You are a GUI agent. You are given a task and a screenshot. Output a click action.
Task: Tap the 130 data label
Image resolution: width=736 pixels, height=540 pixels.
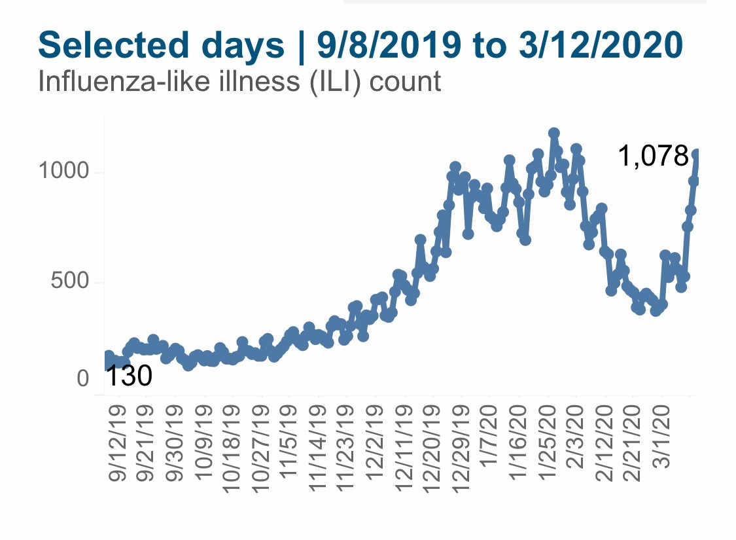pos(128,376)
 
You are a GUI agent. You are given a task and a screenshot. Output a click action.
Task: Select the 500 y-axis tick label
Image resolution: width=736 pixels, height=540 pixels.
pos(69,283)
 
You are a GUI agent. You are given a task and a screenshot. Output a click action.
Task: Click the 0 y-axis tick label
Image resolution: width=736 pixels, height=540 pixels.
pos(83,379)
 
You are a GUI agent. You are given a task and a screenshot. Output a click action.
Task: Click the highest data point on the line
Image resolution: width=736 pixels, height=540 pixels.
pos(554,133)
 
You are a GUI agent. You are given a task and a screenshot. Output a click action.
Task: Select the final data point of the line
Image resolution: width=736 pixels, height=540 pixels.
pos(697,154)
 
